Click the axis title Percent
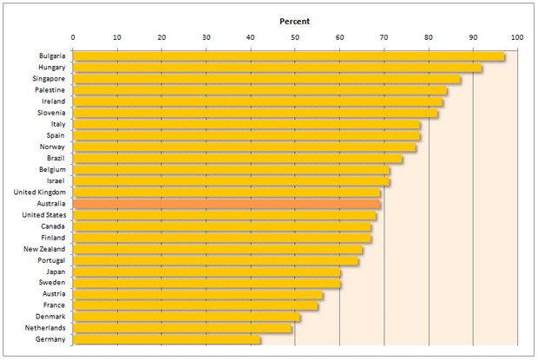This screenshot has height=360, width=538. [295, 20]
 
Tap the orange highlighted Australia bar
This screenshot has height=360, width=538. [226, 204]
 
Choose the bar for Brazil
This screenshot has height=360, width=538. [238, 159]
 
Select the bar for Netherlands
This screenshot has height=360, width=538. [182, 329]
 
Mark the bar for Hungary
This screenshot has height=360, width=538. [277, 68]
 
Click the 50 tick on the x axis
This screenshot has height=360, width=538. [295, 37]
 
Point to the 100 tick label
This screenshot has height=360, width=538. [518, 37]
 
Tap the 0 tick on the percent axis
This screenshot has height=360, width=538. [73, 37]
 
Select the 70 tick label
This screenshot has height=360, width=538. [384, 37]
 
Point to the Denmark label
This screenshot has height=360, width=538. [50, 317]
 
